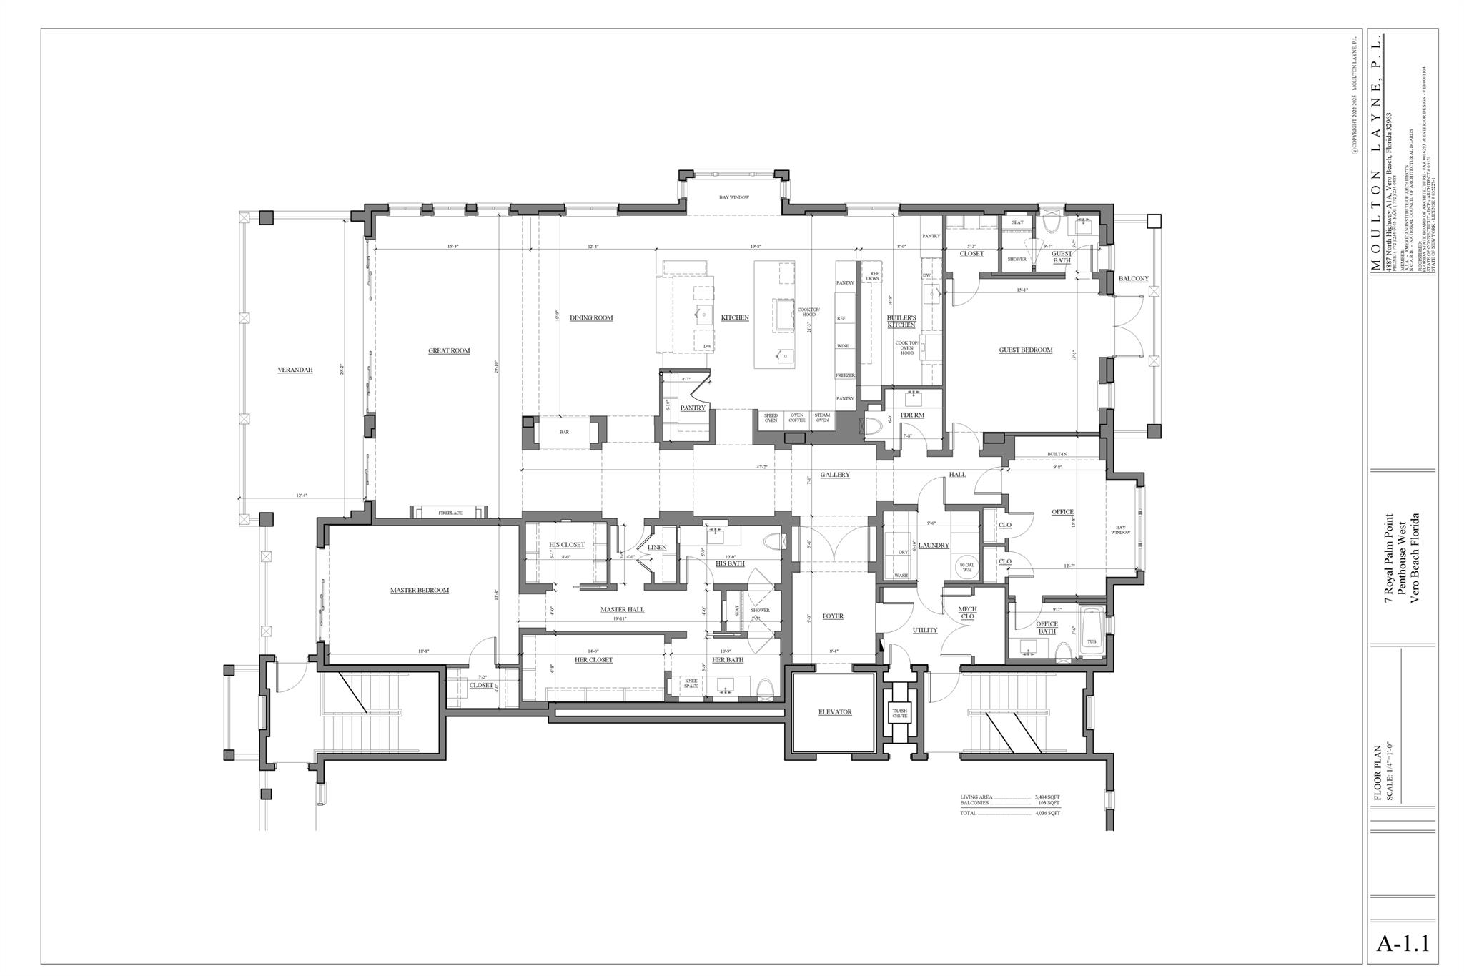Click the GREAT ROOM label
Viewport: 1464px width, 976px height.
coord(449,350)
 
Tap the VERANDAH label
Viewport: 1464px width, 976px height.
coord(295,370)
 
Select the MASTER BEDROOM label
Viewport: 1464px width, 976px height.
coord(420,591)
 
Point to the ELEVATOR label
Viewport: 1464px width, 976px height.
coord(835,712)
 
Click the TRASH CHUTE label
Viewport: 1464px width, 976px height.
coord(899,713)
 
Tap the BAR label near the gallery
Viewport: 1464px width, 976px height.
coord(564,433)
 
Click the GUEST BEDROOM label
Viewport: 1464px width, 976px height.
coord(1026,350)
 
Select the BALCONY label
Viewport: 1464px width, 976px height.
coord(1134,279)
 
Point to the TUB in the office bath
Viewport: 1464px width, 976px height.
coord(1092,641)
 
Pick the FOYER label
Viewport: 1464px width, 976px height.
coord(833,616)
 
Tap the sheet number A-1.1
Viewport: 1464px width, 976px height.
coord(1403,942)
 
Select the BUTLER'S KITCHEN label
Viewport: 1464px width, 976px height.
coord(901,321)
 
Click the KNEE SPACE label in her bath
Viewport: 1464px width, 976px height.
coord(691,683)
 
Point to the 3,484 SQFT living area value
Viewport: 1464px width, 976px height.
coord(1047,797)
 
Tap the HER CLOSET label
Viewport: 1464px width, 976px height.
coord(593,660)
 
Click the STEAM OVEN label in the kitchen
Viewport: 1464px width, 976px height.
coord(822,418)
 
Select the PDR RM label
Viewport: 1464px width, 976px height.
coord(912,415)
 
